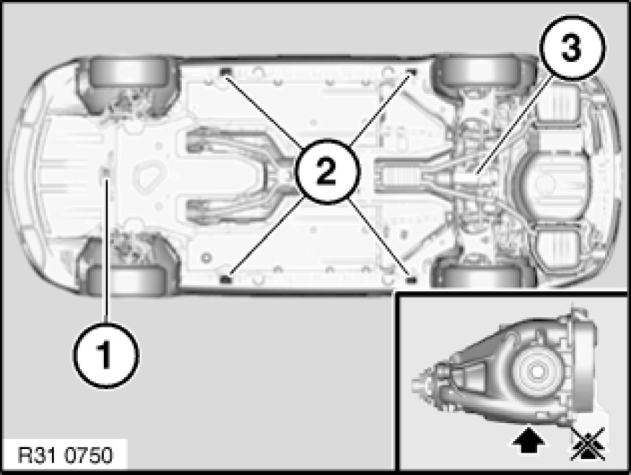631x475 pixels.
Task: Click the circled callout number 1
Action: [106, 355]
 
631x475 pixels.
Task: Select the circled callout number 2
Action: [327, 172]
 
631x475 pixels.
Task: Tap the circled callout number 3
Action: [573, 48]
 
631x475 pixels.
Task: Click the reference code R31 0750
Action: [66, 456]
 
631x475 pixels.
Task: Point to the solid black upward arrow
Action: [529, 440]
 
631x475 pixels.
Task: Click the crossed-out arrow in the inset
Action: [588, 444]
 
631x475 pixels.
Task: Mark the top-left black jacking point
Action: [226, 72]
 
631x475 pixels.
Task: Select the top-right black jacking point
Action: [411, 72]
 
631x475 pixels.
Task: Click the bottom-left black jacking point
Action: [226, 279]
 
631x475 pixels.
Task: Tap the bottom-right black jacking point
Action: [411, 279]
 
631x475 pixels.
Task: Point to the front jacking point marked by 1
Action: [106, 173]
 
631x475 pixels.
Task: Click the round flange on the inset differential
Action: [536, 372]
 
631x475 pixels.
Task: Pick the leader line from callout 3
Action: [511, 127]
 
